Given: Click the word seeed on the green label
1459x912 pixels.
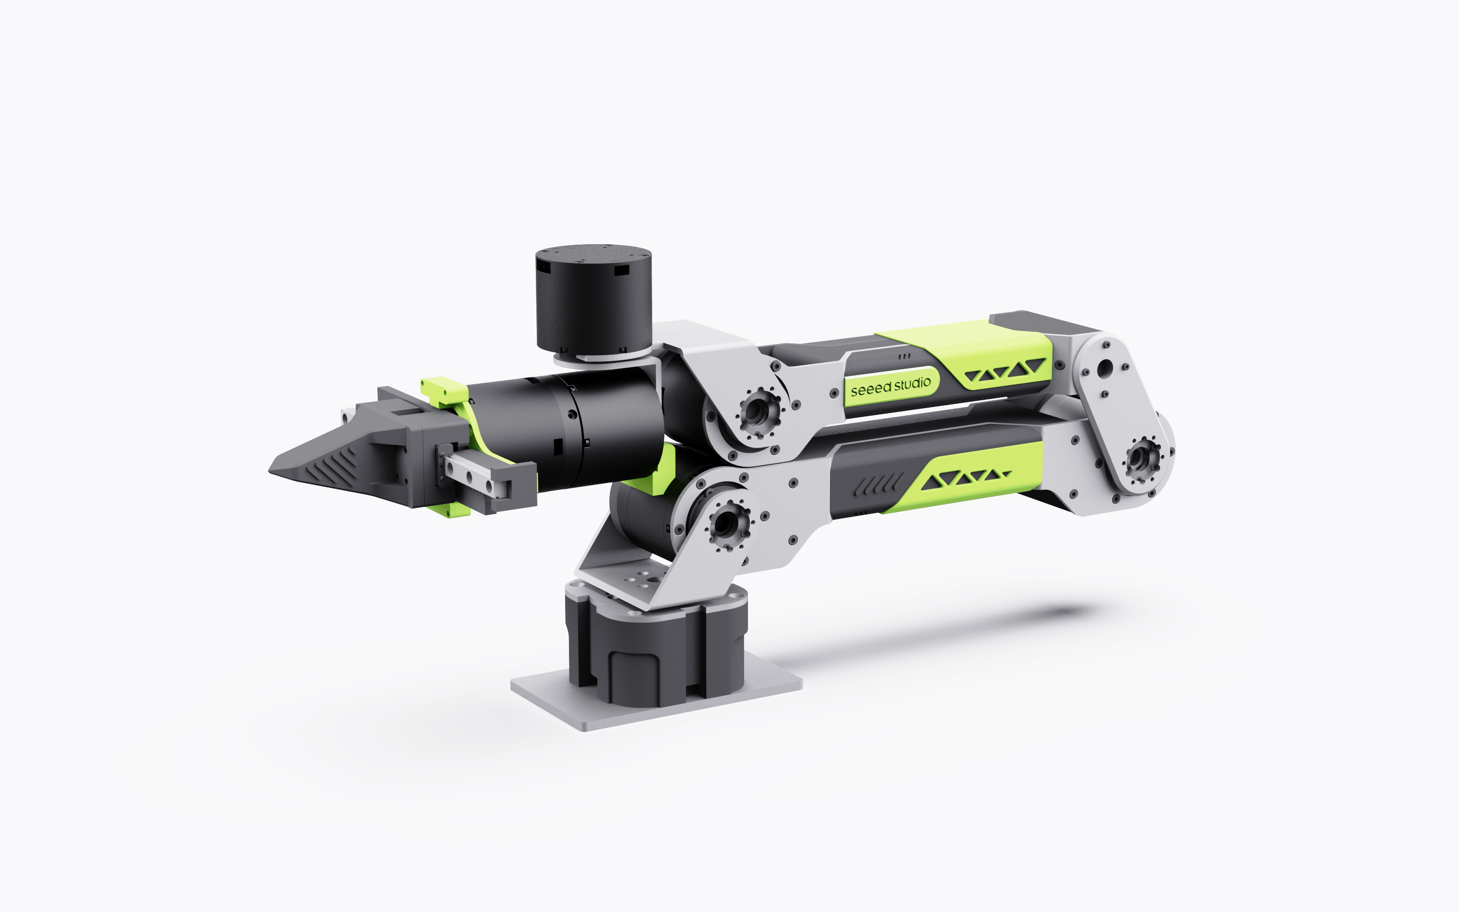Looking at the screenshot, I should click(x=871, y=389).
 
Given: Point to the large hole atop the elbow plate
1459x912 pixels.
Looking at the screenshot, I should click(x=1104, y=366).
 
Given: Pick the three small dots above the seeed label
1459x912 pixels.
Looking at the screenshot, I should click(x=905, y=357).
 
